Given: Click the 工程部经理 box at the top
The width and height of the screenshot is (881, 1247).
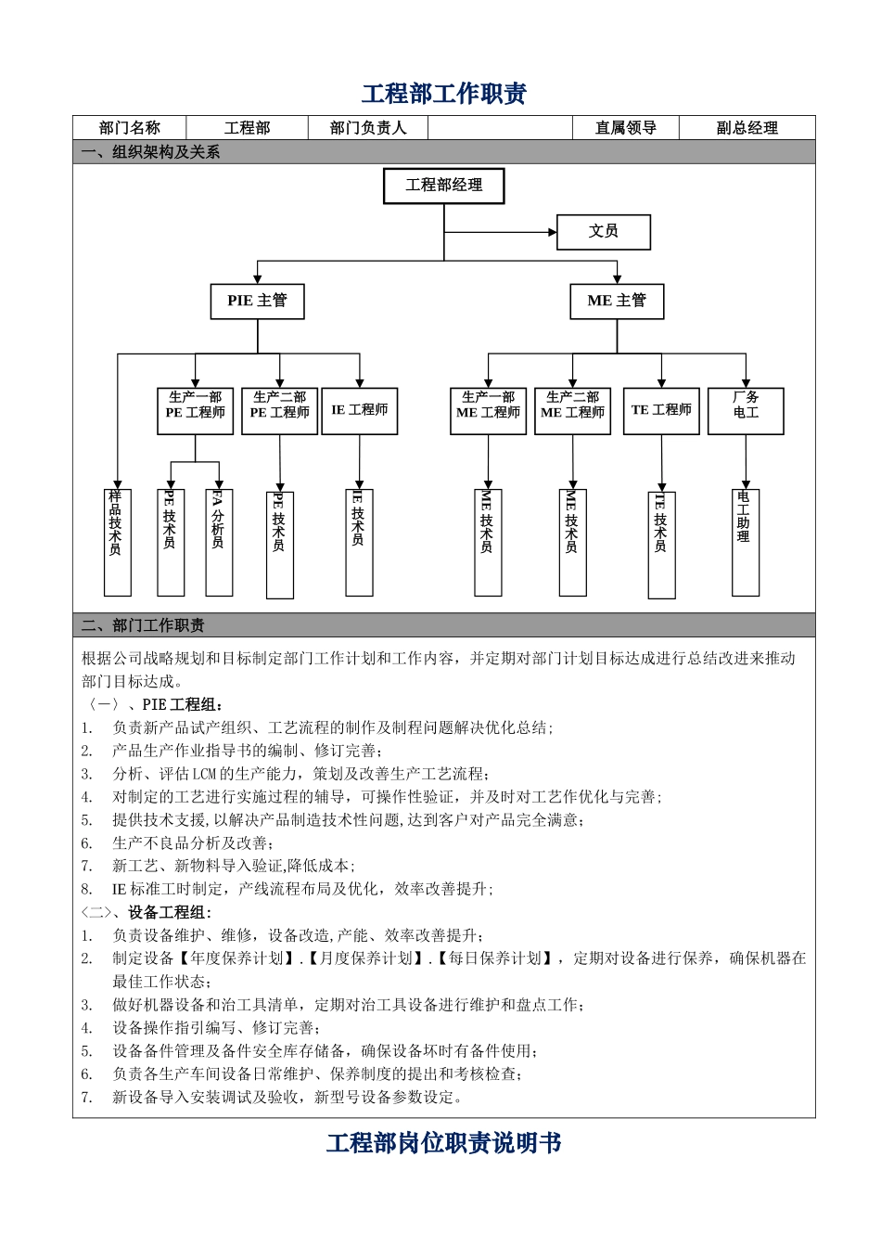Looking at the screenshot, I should pyautogui.click(x=444, y=186).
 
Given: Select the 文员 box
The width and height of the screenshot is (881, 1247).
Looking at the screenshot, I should pyautogui.click(x=603, y=232).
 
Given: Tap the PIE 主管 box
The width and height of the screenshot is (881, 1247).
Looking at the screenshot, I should pyautogui.click(x=258, y=301).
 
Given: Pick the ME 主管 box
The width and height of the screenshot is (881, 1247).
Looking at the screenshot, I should pyautogui.click(x=617, y=301).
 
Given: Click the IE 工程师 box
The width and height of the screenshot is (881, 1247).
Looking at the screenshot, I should pyautogui.click(x=360, y=411).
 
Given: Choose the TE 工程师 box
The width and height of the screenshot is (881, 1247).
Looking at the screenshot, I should pyautogui.click(x=661, y=411).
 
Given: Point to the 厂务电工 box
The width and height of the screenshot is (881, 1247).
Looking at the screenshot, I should pyautogui.click(x=746, y=411).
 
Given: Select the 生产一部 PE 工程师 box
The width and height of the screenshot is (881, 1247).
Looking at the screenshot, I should pyautogui.click(x=195, y=411).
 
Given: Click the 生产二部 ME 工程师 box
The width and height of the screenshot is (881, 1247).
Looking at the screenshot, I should pyautogui.click(x=572, y=411).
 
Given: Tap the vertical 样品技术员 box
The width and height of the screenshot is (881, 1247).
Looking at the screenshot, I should pyautogui.click(x=117, y=542).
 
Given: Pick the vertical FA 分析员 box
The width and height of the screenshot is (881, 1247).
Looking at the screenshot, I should pyautogui.click(x=218, y=542).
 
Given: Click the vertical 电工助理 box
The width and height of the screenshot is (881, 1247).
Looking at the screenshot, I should pyautogui.click(x=745, y=542).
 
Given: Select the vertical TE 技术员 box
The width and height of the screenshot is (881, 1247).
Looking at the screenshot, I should pyautogui.click(x=660, y=545).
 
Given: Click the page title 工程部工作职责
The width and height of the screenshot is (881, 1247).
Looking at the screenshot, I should pyautogui.click(x=444, y=94).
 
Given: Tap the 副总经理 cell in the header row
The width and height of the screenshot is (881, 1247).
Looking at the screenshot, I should pyautogui.click(x=747, y=128).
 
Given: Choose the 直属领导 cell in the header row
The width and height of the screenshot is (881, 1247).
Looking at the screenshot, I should pyautogui.click(x=626, y=128).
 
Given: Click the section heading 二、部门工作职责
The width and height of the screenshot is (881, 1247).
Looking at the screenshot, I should pyautogui.click(x=144, y=625).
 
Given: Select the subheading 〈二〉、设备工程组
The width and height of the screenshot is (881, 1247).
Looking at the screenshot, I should pyautogui.click(x=147, y=913).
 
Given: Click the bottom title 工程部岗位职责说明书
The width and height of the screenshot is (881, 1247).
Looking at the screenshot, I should pyautogui.click(x=444, y=1143).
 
